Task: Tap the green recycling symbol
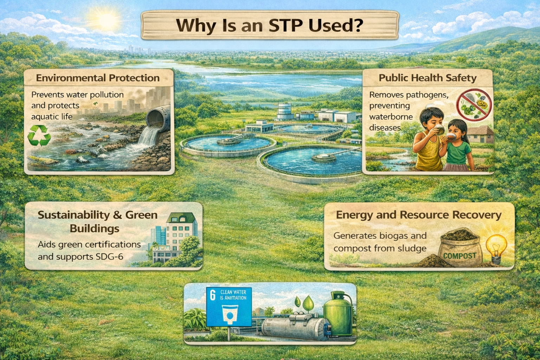(39, 135)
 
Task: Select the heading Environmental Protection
(98, 78)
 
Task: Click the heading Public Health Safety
(427, 78)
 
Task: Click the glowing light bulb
(496, 249)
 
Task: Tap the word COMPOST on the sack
(460, 256)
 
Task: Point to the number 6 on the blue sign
(212, 295)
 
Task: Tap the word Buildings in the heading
(95, 229)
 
